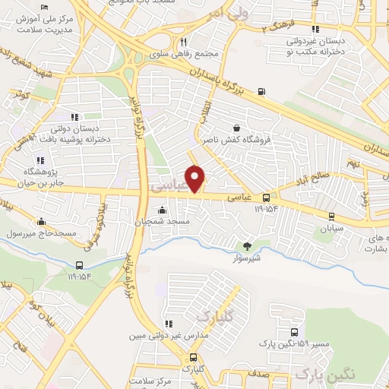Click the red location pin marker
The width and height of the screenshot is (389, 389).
[x=196, y=179]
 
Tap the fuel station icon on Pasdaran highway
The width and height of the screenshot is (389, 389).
[x=262, y=93]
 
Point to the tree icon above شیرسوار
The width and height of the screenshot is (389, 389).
[x=246, y=245]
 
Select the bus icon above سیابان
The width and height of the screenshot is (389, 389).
[x=321, y=215]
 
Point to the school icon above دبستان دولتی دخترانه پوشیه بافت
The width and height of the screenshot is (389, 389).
[x=74, y=116]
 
